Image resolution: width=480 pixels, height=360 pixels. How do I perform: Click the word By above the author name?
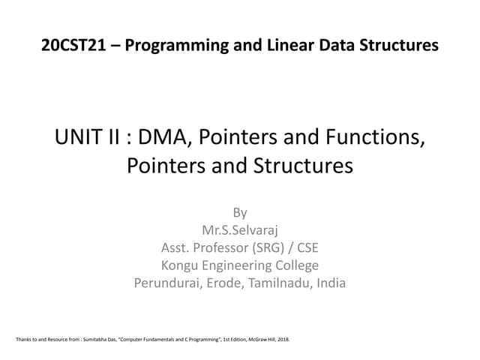coord(240,212)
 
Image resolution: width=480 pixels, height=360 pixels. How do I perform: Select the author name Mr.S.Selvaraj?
coord(240,230)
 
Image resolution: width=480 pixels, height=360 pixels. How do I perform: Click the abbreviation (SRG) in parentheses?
coord(277,247)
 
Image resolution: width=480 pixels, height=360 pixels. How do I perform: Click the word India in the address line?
coord(331,283)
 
